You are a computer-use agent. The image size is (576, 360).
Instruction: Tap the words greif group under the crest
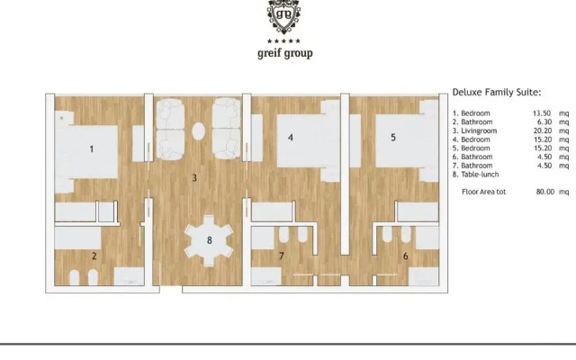tap(284, 53)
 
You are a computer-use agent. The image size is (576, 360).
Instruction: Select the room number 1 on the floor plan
tap(92, 149)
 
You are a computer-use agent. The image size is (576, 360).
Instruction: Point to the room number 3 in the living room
tap(194, 178)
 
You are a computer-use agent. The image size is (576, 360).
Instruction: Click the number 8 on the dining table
tap(209, 240)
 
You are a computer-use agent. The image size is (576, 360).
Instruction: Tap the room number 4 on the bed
tap(290, 138)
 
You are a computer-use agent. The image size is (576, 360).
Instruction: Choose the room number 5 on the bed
tap(392, 138)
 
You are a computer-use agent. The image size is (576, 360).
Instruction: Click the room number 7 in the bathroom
tap(281, 256)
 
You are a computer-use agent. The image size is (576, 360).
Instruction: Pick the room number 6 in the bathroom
tap(405, 256)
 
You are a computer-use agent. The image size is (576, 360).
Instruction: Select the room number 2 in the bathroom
tap(93, 256)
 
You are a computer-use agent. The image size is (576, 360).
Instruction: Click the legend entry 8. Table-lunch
tap(475, 174)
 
